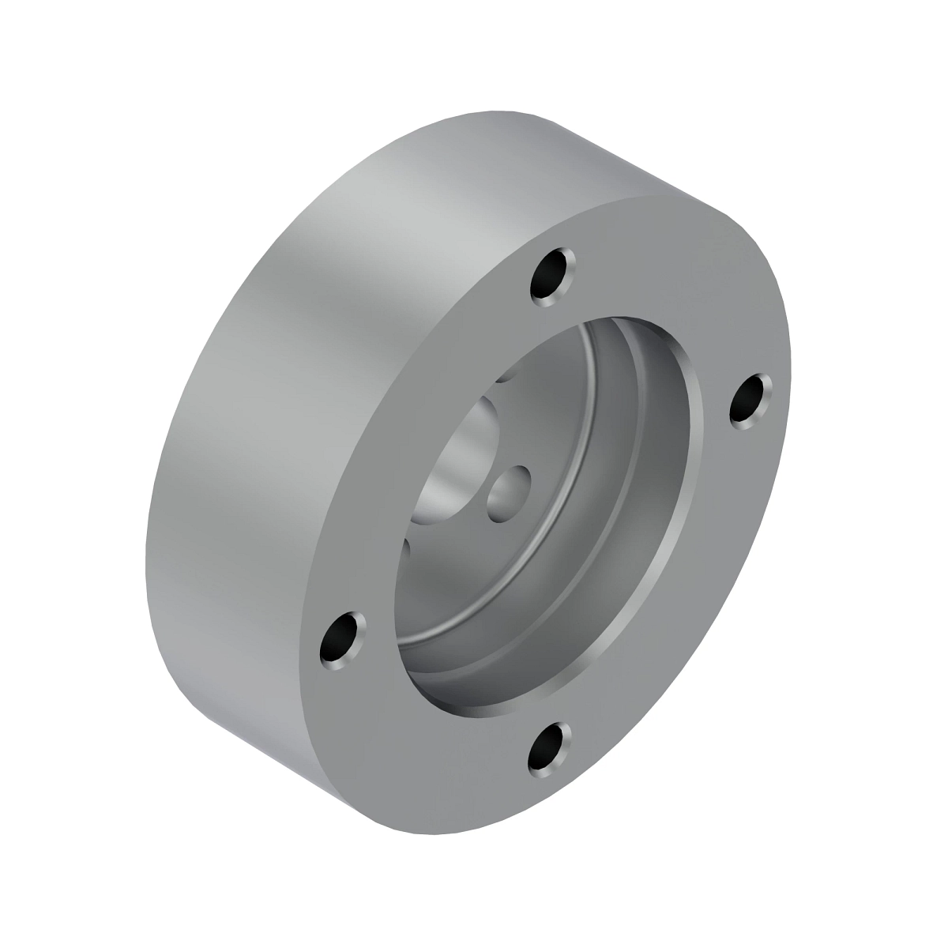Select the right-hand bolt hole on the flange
tap(751, 401)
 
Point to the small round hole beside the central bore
tap(509, 491)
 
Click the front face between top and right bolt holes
tap(679, 300)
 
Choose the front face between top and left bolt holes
tap(411, 411)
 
